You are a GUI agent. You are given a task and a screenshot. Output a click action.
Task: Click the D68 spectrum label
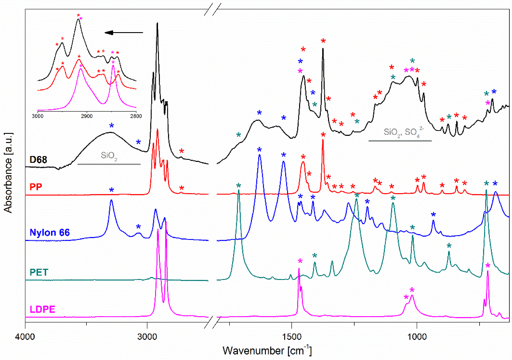pos(38,160)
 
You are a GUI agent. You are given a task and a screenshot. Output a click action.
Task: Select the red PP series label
pos(36,187)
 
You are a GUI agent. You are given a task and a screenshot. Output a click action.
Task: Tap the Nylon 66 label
pos(50,233)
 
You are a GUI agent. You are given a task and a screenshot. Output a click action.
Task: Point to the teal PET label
pos(39,272)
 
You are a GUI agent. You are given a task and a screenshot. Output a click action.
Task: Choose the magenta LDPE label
pos(42,309)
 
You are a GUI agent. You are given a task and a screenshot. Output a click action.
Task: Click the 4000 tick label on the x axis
pos(25,337)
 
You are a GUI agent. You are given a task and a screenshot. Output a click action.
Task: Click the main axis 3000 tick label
pos(147,337)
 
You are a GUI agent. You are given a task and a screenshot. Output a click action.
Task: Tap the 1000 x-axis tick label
pos(417,337)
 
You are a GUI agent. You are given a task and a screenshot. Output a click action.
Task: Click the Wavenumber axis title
pos(267,350)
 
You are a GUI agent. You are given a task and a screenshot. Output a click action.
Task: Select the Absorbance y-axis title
pos(8,172)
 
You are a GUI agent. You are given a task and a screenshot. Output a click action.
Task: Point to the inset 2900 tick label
pos(86,116)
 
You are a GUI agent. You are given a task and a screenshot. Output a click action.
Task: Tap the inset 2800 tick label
pos(136,116)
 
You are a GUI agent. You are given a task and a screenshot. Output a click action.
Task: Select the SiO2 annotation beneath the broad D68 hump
pos(109,156)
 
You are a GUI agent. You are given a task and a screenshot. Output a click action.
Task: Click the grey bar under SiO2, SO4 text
pos(400,141)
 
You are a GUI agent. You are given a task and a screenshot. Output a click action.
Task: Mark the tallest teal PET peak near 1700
pos(239,191)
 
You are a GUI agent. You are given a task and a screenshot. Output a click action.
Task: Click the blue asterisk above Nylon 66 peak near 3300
pos(111,190)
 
